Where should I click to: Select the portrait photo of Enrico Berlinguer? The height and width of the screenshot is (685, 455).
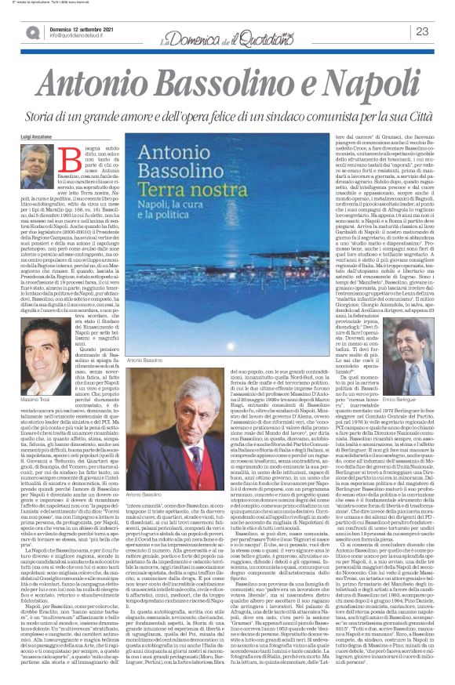coord(417,346)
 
